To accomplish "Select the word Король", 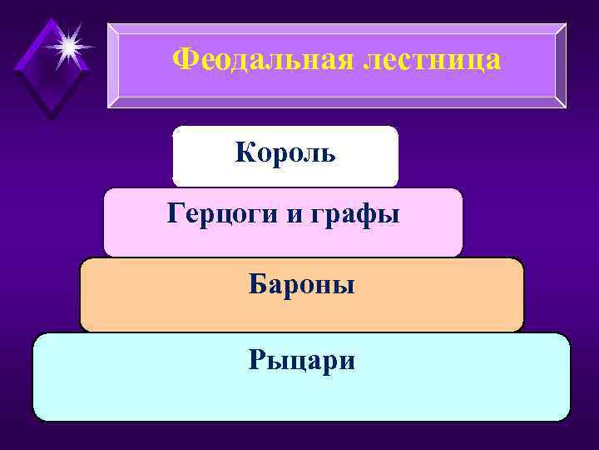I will point(285,153).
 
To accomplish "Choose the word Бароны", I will point(302,285).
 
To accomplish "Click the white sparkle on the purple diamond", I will point(67,43).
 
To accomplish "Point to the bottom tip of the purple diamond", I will point(52,117).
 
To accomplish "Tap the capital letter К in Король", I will point(245,153).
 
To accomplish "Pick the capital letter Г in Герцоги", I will point(175,214).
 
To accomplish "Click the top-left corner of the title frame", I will point(109,24).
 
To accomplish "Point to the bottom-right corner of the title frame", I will point(565,107).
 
